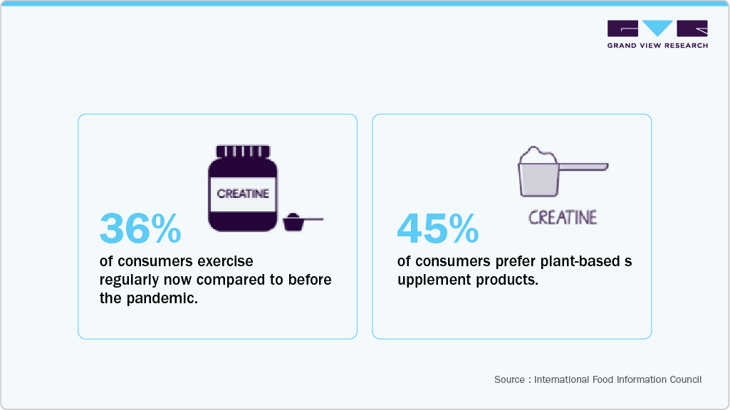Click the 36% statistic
140,228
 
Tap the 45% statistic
437,228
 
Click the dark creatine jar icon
243,189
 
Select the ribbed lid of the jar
243,152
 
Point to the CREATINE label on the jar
243,194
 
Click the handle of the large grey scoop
584,167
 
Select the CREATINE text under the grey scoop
563,217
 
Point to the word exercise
225,261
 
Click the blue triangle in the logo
657,28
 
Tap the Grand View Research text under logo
657,46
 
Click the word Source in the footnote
509,379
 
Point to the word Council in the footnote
685,379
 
